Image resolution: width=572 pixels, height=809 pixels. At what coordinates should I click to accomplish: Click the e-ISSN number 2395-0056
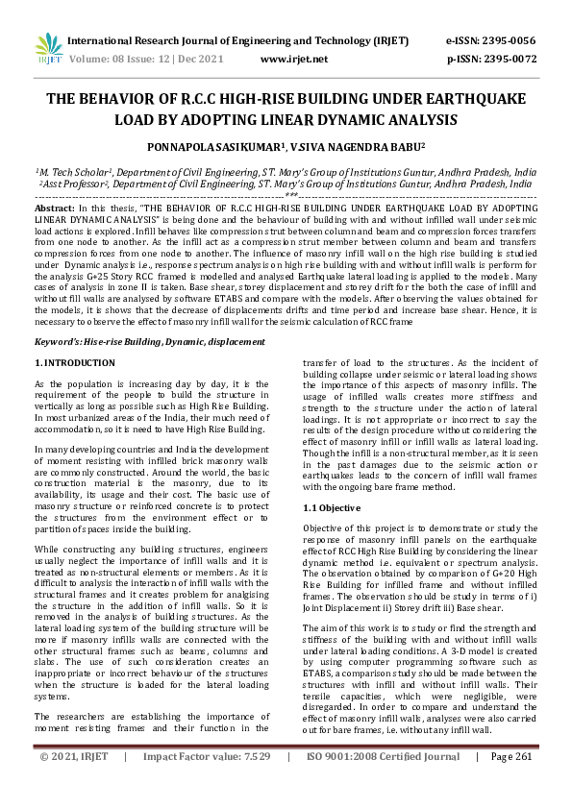click(514, 41)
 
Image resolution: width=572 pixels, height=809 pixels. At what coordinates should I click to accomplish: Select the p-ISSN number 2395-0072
click(514, 59)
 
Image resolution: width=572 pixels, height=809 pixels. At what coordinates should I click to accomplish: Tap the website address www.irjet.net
click(294, 59)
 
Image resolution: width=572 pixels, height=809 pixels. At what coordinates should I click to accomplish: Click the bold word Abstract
click(53, 208)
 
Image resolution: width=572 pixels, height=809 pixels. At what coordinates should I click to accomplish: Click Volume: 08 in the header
click(94, 59)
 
